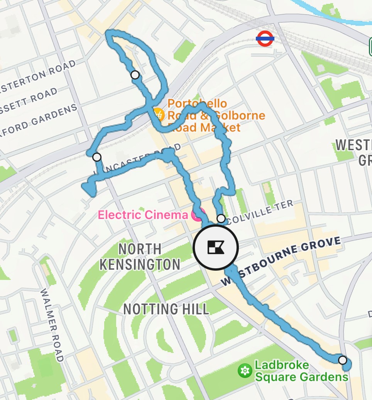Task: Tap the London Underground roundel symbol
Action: click(x=265, y=39)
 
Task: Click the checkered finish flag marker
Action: click(x=216, y=247)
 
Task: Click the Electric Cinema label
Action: click(x=143, y=215)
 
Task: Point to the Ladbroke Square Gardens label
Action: click(x=301, y=371)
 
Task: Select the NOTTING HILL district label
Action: click(x=166, y=309)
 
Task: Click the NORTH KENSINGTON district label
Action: click(x=140, y=256)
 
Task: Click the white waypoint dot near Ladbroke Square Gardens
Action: click(x=343, y=360)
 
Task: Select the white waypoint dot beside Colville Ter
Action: click(x=221, y=219)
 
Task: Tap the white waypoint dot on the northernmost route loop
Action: click(x=135, y=75)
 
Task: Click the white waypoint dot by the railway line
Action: click(x=97, y=157)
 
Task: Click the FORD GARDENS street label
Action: click(x=39, y=118)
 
